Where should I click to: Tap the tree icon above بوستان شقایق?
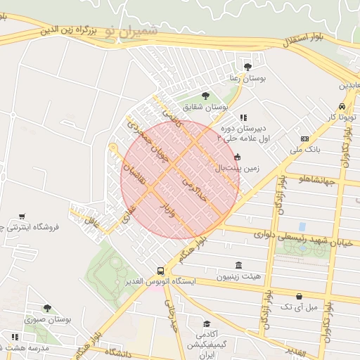coord(205,96)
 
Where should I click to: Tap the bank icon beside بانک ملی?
coord(304,139)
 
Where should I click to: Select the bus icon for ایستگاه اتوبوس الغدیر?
coord(161,270)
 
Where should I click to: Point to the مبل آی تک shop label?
coord(299,307)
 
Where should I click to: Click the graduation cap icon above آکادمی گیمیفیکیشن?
coord(207,324)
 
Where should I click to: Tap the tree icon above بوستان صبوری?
coord(47,308)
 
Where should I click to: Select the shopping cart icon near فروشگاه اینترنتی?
coord(22,216)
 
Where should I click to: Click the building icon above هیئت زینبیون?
coord(238,265)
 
